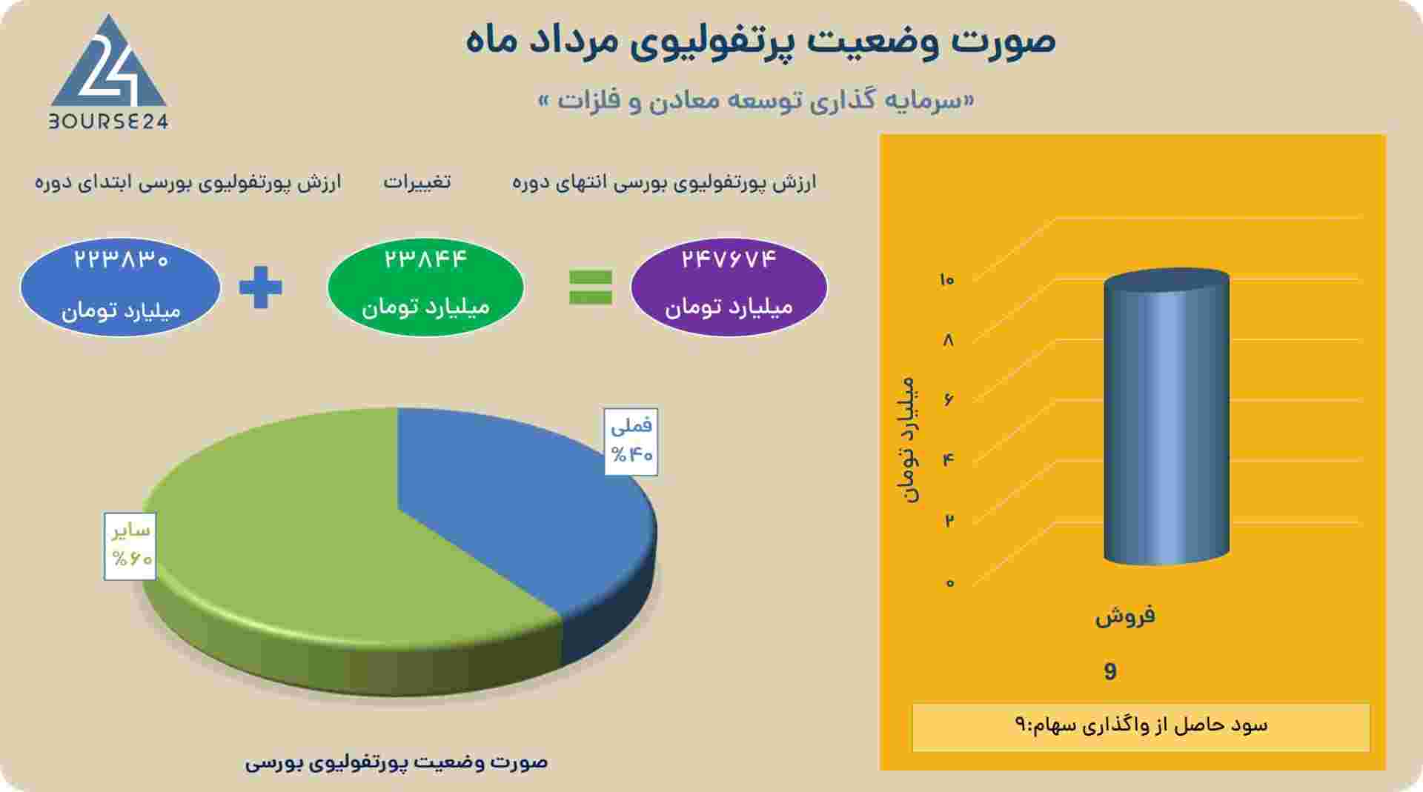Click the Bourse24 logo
pyautogui.click(x=109, y=73)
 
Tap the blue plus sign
pyautogui.click(x=261, y=287)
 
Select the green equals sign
pyautogui.click(x=591, y=287)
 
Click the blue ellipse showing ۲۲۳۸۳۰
pyautogui.click(x=121, y=287)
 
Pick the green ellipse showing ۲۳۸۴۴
pyautogui.click(x=425, y=287)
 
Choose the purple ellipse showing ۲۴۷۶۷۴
pyautogui.click(x=729, y=287)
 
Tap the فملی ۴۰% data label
pyautogui.click(x=631, y=442)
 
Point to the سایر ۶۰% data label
pyautogui.click(x=130, y=546)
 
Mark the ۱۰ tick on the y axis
pyautogui.click(x=946, y=280)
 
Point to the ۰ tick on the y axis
pyautogui.click(x=949, y=583)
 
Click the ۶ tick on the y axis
pyautogui.click(x=949, y=400)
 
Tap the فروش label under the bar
pyautogui.click(x=1125, y=616)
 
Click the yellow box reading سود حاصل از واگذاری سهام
pyautogui.click(x=1141, y=727)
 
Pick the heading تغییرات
pyautogui.click(x=417, y=182)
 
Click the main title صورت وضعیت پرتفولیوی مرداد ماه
pyautogui.click(x=761, y=39)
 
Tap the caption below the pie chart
pyautogui.click(x=397, y=762)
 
